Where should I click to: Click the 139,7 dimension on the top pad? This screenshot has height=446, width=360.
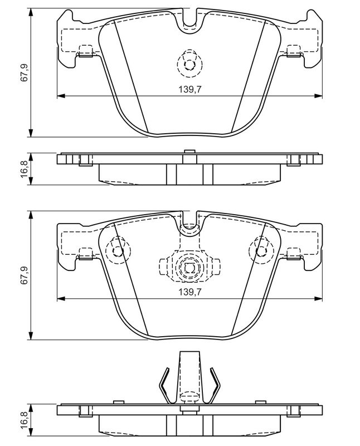tap(189, 90)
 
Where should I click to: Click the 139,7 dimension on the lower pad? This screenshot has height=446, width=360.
tap(189, 292)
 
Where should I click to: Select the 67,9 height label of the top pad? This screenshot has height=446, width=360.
tap(24, 73)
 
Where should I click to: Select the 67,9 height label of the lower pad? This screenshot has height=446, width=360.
tap(24, 275)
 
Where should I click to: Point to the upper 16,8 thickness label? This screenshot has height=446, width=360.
tap(24, 169)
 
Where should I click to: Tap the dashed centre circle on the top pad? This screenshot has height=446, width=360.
tap(189, 64)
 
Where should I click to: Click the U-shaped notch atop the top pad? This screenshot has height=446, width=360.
tap(189, 21)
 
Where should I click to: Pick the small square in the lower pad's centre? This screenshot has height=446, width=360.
tap(189, 268)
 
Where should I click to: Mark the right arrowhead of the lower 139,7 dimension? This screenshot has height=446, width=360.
tap(318, 298)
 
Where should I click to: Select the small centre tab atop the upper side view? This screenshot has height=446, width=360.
tap(189, 152)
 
